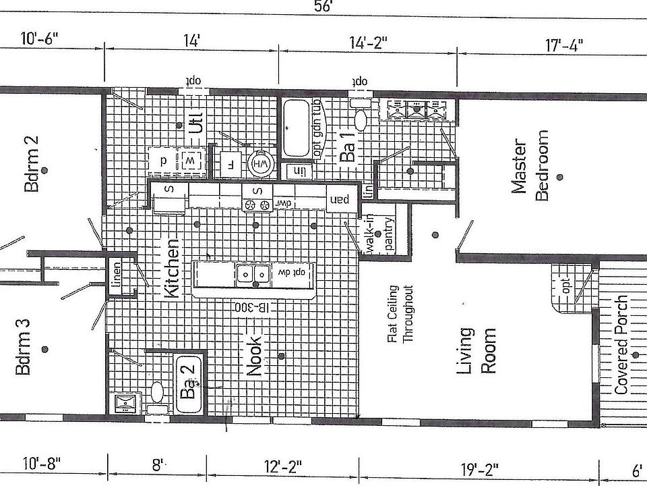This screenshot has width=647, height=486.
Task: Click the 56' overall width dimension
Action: (323, 6)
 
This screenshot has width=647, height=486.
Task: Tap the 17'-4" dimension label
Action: (563, 45)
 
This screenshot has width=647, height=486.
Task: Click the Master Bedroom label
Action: (530, 166)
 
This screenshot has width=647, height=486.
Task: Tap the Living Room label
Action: (476, 350)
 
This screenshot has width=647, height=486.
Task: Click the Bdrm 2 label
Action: (31, 163)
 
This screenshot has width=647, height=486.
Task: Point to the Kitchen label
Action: (173, 268)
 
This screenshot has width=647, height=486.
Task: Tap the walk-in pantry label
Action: (379, 235)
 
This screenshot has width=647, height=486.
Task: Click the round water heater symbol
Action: (259, 164)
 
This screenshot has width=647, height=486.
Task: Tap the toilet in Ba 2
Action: (156, 390)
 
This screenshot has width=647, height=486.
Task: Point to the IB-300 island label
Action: (253, 307)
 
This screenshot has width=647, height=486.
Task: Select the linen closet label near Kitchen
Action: (116, 275)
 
